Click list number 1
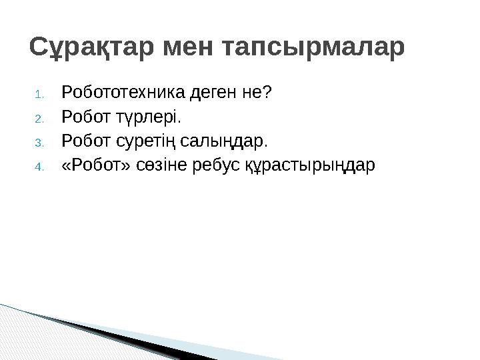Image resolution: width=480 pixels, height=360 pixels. coord(39,93)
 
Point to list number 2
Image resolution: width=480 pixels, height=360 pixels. coord(39,119)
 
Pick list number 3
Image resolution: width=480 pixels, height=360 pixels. coord(39,143)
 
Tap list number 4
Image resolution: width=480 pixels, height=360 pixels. coord(39,167)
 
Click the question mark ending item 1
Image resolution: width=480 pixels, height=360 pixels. coord(268,92)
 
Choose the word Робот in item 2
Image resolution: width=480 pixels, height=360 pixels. coord(81,117)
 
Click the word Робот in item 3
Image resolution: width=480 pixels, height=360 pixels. coord(81,141)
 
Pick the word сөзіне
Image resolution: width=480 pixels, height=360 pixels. coord(155,165)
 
